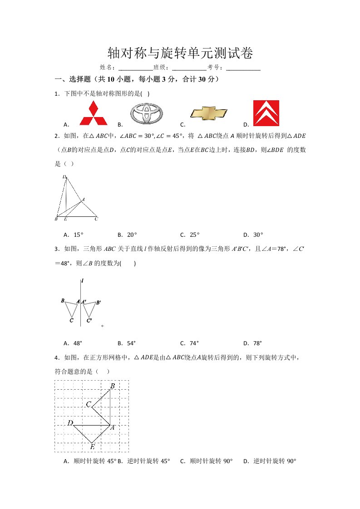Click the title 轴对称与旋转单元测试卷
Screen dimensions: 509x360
click(x=180, y=53)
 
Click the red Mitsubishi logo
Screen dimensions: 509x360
click(x=94, y=113)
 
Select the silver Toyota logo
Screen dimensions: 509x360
click(x=146, y=113)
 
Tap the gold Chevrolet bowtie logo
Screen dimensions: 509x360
click(x=208, y=113)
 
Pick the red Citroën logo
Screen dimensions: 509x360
click(x=266, y=113)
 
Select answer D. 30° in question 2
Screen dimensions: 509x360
click(x=253, y=235)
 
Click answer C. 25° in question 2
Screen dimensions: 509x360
click(x=190, y=235)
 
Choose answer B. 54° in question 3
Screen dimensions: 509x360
click(x=127, y=343)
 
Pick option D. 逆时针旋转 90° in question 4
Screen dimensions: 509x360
click(x=270, y=461)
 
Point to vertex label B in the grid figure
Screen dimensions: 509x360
click(x=112, y=386)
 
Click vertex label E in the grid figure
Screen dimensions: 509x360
click(x=92, y=447)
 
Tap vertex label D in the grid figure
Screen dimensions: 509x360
click(x=70, y=423)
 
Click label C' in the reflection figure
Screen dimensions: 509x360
click(x=89, y=321)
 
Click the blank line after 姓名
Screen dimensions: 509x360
click(x=135, y=68)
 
